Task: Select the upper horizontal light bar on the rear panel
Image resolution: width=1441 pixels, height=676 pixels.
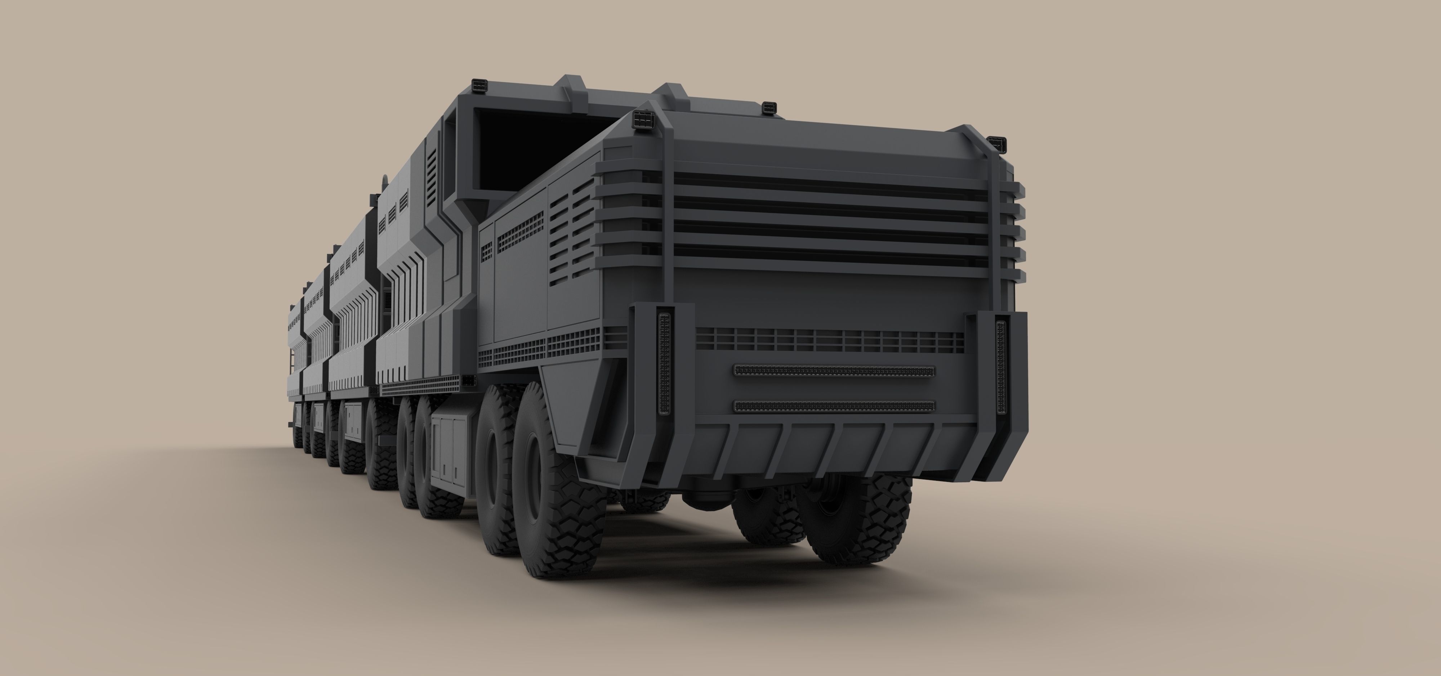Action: (x=834, y=371)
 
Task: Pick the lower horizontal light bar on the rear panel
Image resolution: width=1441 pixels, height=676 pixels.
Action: (x=834, y=406)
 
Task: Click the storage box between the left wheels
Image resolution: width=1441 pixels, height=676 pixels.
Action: (x=450, y=447)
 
